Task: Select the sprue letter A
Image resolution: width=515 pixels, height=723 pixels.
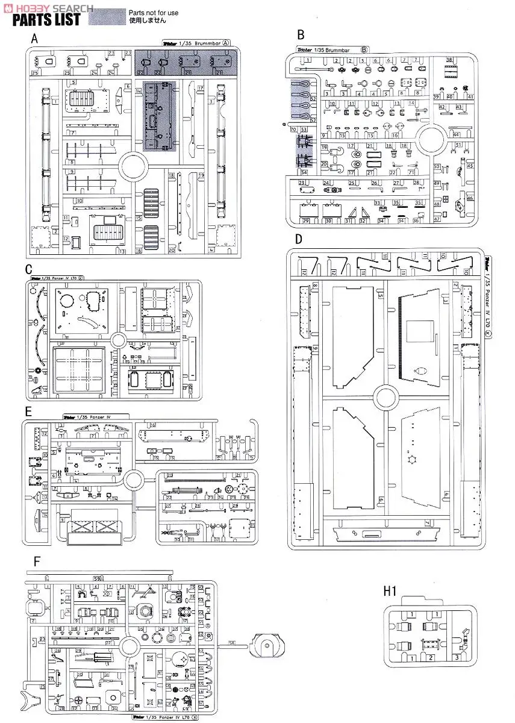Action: point(35,39)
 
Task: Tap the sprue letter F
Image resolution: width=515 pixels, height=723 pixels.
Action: point(37,562)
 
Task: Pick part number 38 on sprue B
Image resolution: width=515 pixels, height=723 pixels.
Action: point(449,60)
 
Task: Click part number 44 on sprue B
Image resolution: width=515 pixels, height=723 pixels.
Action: point(457,135)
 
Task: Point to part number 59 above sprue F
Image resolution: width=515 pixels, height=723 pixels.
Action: point(96,580)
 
